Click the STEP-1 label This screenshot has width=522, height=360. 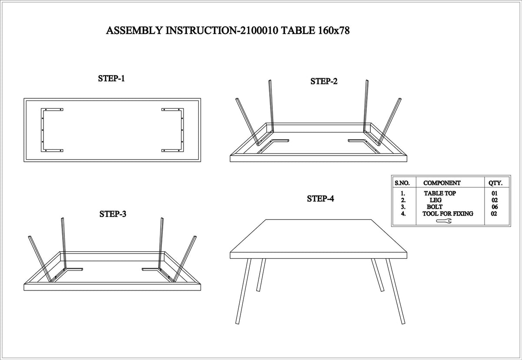click(x=111, y=78)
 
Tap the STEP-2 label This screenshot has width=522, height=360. click(x=324, y=81)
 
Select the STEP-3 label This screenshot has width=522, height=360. click(x=113, y=214)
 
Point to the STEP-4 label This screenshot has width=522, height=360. click(x=321, y=199)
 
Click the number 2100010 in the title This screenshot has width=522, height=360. click(x=259, y=30)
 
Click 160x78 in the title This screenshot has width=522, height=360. click(x=334, y=30)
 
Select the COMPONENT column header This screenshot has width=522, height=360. click(x=442, y=183)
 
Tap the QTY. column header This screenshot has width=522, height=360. click(x=495, y=183)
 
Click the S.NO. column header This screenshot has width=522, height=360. click(x=402, y=183)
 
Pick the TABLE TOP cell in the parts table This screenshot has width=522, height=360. click(x=440, y=193)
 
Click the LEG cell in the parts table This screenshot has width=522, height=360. click(x=435, y=200)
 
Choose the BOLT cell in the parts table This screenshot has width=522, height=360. click(x=435, y=207)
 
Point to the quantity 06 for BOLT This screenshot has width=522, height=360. click(x=495, y=207)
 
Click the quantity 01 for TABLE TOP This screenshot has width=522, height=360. click(x=495, y=193)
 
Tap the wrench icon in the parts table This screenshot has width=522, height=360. click(x=444, y=221)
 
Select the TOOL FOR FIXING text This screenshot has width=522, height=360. click(x=448, y=213)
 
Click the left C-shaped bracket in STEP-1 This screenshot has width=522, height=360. click(x=43, y=130)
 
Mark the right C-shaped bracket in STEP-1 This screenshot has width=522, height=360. click(x=182, y=130)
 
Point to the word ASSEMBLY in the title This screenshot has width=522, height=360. click(x=134, y=30)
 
